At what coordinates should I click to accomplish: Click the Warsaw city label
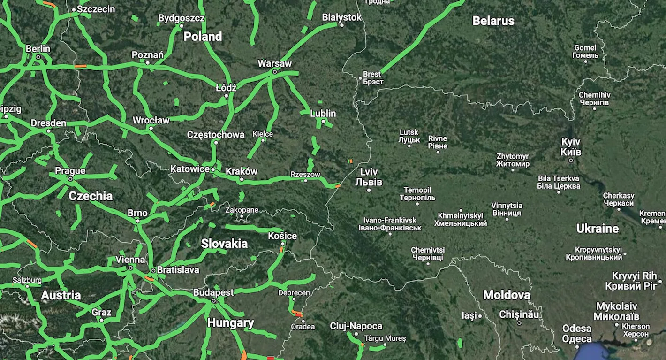[274, 63]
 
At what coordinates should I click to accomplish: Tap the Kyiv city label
[571, 146]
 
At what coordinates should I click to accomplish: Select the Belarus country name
[493, 21]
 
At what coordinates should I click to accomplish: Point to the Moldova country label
[507, 295]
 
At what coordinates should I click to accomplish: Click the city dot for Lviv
[369, 190]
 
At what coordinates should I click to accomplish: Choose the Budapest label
[213, 292]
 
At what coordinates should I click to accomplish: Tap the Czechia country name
[91, 196]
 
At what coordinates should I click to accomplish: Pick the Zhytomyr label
[513, 160]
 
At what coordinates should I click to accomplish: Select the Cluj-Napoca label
[356, 326]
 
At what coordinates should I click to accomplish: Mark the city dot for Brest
[360, 78]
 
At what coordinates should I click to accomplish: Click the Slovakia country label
[224, 244]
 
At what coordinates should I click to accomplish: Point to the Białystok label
[342, 17]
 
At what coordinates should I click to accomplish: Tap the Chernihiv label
[594, 99]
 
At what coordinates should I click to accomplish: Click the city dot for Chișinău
[519, 323]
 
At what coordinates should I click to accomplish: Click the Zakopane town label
[242, 210]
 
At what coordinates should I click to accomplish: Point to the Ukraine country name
[597, 229]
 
